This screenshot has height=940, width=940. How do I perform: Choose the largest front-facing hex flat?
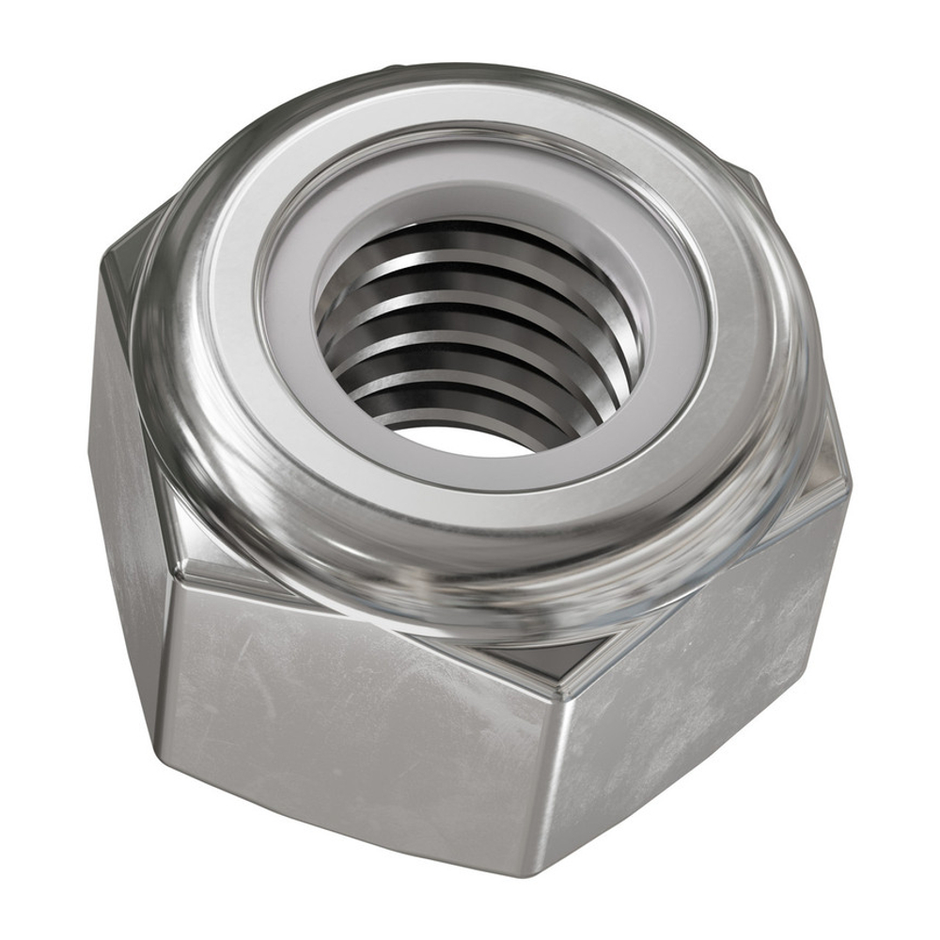pyautogui.click(x=357, y=733)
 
